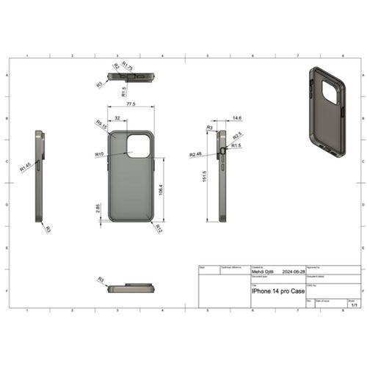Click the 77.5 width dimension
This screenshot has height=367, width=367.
coord(130,105)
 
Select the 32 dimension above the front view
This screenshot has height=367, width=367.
coord(117,117)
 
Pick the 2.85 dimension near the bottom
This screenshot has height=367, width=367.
coord(98,208)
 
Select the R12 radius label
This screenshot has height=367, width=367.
coord(158,228)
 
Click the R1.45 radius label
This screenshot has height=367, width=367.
coord(25,167)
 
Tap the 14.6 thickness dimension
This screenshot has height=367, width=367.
coord(236,117)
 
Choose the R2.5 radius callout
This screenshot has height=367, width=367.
coord(237,136)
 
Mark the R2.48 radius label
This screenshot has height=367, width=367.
coord(195,154)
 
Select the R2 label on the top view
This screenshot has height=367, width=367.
coord(115,67)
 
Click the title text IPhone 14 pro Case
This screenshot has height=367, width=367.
coord(280,291)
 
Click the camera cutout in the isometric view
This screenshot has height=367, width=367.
coord(328,92)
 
